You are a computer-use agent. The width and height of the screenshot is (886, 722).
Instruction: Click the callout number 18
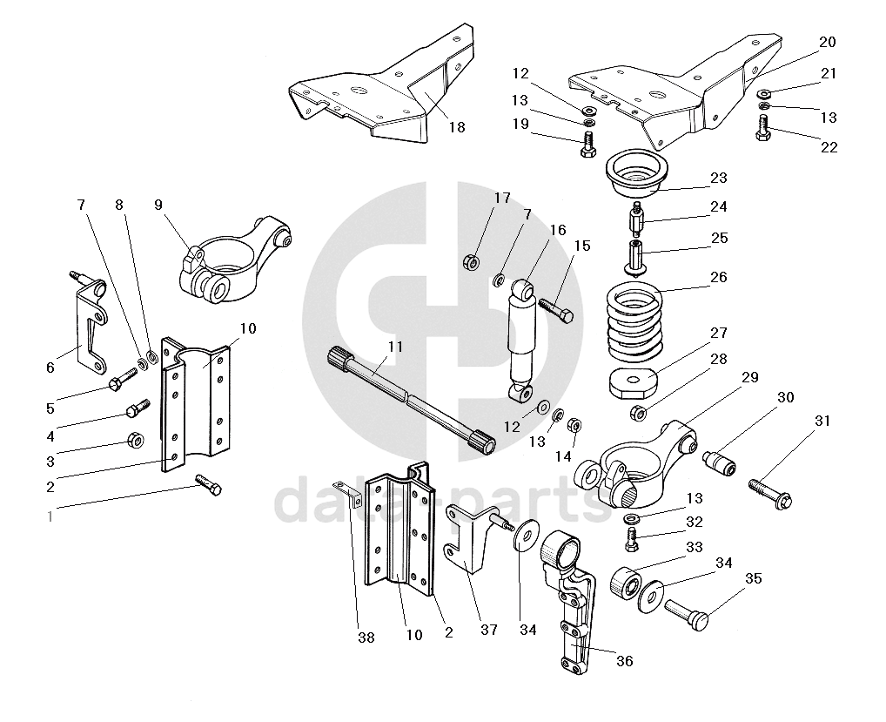pos(457,127)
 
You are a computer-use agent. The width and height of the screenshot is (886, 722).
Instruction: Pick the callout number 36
pos(624,661)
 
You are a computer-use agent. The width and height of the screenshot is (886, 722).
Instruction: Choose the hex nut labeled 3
pos(135,440)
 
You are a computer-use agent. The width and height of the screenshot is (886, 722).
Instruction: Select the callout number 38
pos(366,638)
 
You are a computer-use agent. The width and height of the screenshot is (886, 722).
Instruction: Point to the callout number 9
pos(158,205)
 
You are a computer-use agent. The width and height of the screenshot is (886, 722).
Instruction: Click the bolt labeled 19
pos(587,144)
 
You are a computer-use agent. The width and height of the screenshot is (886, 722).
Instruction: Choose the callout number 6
pos(50,368)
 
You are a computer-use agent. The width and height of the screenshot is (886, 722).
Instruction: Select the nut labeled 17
pos(470,260)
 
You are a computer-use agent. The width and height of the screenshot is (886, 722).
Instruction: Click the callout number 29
pos(749,377)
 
